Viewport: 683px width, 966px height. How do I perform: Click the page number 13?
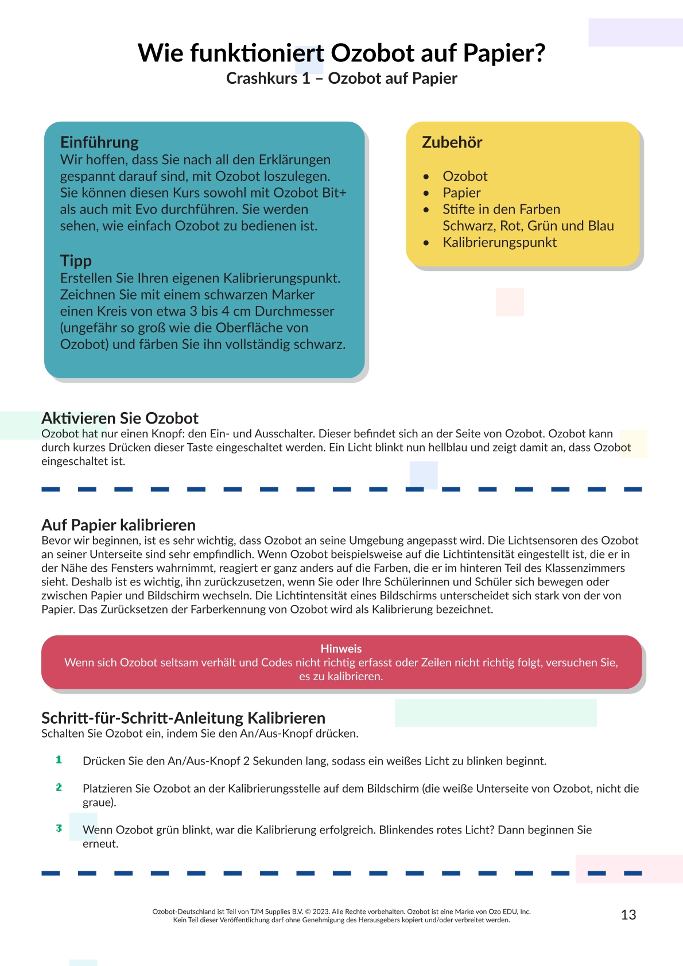[x=628, y=914]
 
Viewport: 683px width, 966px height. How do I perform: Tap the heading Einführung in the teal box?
[x=99, y=142]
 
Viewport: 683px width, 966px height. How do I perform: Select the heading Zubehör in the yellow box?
[x=452, y=142]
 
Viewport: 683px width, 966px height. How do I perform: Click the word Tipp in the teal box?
[x=76, y=261]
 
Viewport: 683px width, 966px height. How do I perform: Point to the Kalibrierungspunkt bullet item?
[x=499, y=242]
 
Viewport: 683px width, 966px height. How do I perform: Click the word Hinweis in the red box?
[x=341, y=649]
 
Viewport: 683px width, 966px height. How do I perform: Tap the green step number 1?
[x=59, y=760]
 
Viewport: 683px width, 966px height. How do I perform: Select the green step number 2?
[x=59, y=787]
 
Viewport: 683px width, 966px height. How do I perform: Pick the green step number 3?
[x=59, y=828]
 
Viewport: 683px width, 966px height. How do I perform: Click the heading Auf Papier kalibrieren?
[x=118, y=525]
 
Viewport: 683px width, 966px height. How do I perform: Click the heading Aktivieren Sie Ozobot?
[x=119, y=418]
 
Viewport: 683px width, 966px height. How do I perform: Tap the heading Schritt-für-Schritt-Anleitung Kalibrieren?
[x=183, y=717]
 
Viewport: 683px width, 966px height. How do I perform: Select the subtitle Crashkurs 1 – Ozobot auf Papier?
[x=341, y=78]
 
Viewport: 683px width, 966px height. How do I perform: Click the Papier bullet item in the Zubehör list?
[x=461, y=193]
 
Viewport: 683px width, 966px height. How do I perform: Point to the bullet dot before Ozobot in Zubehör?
[x=426, y=177]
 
